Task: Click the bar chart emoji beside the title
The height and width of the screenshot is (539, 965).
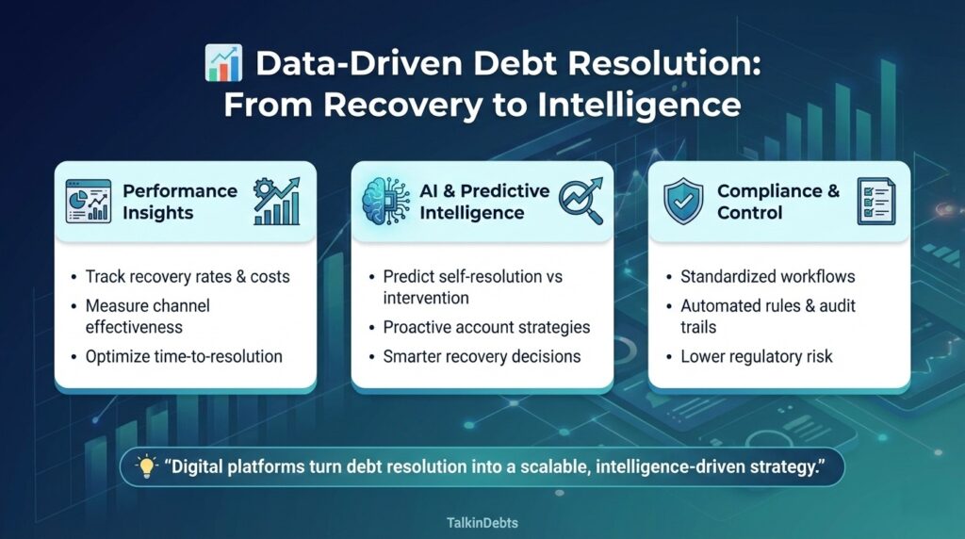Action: [223, 67]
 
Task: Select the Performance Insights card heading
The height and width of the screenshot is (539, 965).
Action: [179, 201]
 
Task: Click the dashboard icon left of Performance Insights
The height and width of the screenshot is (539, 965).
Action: [88, 201]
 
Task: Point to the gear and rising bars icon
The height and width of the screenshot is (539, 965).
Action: [278, 201]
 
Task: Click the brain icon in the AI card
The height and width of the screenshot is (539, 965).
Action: [386, 201]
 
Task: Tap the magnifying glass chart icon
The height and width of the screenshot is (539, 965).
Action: [581, 201]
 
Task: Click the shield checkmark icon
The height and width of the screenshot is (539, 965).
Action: [682, 202]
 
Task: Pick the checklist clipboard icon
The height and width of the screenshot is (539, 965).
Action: [875, 202]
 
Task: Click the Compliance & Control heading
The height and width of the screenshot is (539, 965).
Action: [777, 202]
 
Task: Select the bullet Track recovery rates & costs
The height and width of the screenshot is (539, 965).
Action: [187, 277]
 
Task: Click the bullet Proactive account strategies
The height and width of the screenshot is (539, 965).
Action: [486, 328]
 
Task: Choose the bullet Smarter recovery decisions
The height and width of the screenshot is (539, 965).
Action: [481, 357]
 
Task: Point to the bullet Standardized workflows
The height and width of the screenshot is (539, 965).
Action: [767, 277]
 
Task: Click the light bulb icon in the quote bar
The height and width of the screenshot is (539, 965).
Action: [146, 467]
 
